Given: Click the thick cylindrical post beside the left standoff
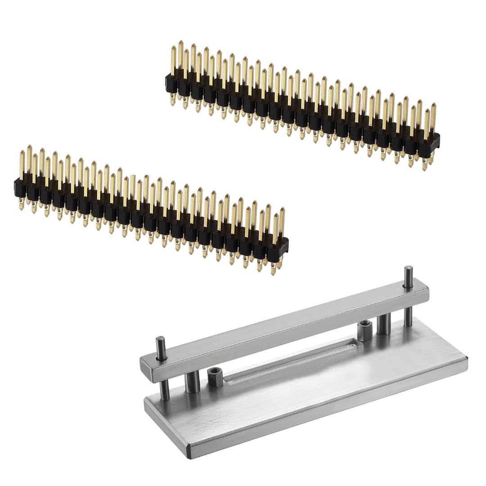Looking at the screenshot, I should (x=191, y=382).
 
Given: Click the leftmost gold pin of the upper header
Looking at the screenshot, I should (x=174, y=58).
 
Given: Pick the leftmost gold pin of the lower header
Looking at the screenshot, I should (x=22, y=162).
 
